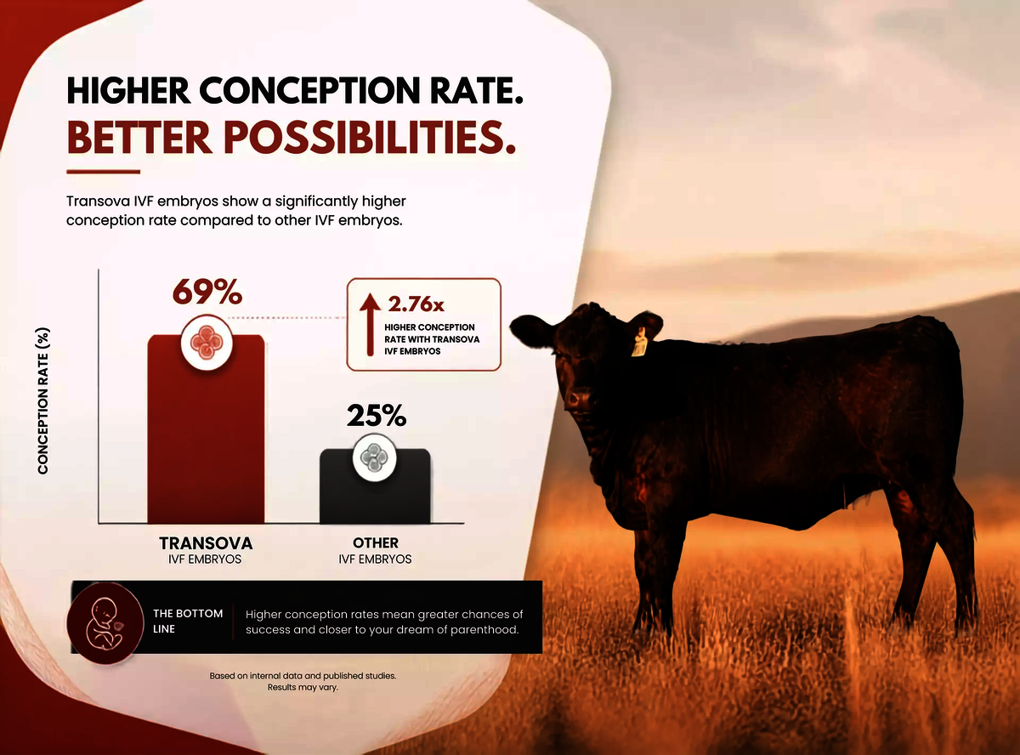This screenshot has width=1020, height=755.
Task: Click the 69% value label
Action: pos(207,292)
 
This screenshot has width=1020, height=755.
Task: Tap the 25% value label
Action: pos(377,415)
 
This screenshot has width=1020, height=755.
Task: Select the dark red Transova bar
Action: pos(206,429)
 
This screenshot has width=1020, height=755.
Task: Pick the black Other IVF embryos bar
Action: pos(375,485)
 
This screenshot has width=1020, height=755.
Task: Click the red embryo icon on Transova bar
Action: pos(207,343)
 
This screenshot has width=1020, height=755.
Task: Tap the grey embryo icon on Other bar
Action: pos(374,457)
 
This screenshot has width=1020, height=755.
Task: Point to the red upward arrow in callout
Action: pos(370,325)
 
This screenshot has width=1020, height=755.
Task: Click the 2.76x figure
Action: pos(416,304)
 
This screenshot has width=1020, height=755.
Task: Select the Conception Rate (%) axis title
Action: pos(42,400)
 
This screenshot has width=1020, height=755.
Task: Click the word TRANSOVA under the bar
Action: pos(206,543)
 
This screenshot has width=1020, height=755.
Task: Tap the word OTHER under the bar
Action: pos(376,543)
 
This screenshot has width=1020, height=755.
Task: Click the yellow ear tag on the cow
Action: pos(639,343)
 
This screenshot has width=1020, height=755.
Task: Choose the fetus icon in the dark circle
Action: pos(105,624)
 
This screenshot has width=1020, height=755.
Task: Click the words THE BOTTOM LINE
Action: pos(188,622)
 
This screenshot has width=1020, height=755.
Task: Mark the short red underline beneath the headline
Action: pos(103,172)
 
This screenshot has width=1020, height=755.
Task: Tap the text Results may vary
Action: pos(303,687)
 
